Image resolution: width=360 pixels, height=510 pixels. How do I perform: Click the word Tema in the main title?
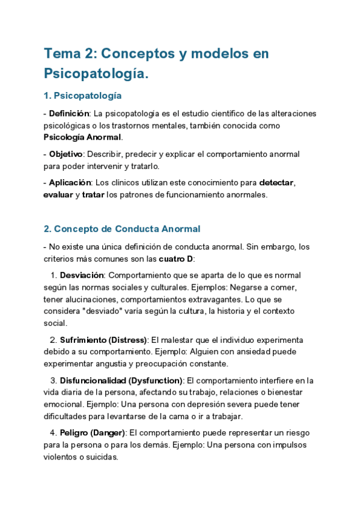pos(62,54)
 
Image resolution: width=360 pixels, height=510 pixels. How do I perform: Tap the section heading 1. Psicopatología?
pos(83,96)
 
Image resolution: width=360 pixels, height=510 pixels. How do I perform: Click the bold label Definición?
pos(69,114)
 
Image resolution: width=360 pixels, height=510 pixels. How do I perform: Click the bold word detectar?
pos(276,182)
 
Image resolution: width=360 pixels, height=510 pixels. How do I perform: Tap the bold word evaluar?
pos(58,194)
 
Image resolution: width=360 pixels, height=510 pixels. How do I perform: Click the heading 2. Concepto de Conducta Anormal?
pos(122,229)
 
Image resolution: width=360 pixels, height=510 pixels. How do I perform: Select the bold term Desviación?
pos(81,275)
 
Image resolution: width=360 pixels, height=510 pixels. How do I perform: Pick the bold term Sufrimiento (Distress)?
pos(103,340)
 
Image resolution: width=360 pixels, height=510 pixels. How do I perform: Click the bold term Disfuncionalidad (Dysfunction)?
pos(121,381)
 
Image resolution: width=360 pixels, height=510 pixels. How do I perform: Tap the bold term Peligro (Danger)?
pos(93,433)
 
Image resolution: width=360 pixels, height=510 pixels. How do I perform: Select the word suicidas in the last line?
pos(100,456)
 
